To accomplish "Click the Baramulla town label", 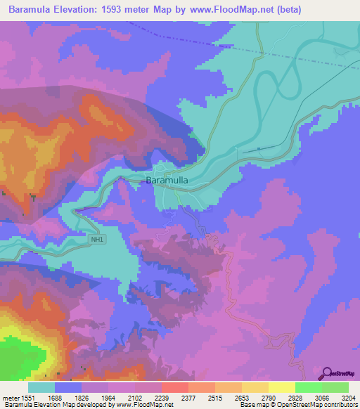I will pyautogui.click(x=166, y=181).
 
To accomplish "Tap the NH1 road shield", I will pyautogui.click(x=97, y=240).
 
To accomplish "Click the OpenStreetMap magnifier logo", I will pyautogui.click(x=326, y=373).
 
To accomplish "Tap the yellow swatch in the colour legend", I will pyautogui.click(x=281, y=387).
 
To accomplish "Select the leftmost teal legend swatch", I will pyautogui.click(x=41, y=387).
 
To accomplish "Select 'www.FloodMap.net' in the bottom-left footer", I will pyautogui.click(x=144, y=405).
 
